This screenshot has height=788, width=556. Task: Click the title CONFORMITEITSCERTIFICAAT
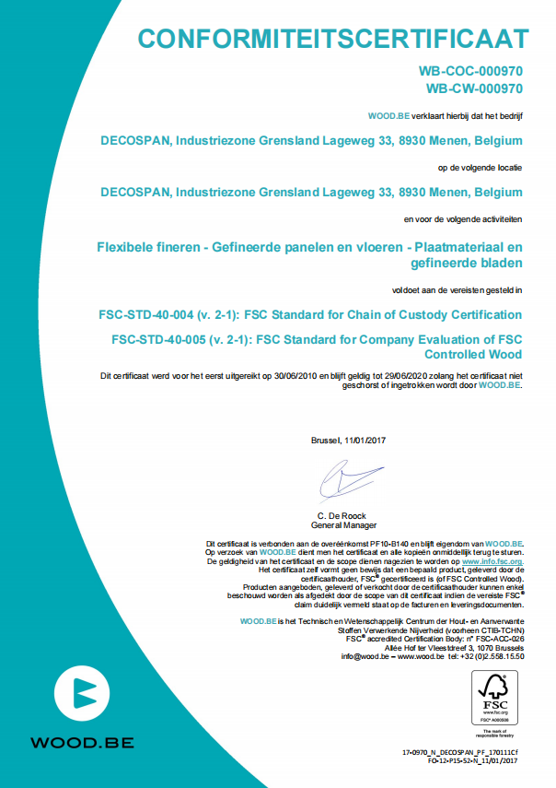(x=333, y=38)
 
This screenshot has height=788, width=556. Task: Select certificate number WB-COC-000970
(x=470, y=70)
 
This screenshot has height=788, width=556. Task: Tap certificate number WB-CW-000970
(x=474, y=88)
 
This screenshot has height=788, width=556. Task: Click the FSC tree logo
(x=489, y=692)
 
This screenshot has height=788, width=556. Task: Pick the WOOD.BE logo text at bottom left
(x=82, y=742)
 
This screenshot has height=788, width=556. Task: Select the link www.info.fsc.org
(x=492, y=560)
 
